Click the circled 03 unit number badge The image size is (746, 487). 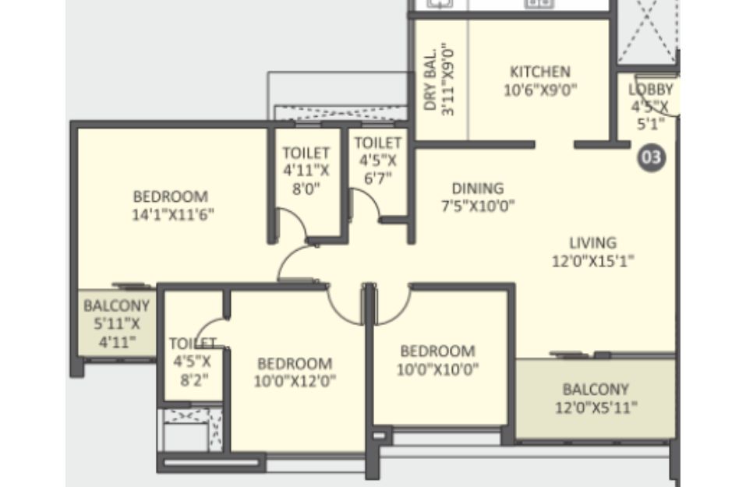tap(652, 157)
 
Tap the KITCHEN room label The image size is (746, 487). tap(540, 72)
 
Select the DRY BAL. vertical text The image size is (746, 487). tap(430, 79)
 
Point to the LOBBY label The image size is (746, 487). tap(650, 90)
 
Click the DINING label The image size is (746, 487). tap(478, 189)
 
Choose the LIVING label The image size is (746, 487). tap(592, 242)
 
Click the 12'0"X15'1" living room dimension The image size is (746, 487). tap(592, 261)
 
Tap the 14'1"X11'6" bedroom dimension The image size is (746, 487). tap(173, 214)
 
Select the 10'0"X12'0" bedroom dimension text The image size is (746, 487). tap(295, 381)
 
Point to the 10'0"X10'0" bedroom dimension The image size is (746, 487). tap(438, 369)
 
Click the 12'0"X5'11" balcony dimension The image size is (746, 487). tap(596, 408)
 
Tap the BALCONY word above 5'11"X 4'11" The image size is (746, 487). tap(117, 305)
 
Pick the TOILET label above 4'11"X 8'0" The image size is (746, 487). tap(306, 153)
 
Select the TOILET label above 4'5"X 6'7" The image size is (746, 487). tap(378, 143)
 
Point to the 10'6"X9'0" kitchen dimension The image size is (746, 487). tap(540, 90)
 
